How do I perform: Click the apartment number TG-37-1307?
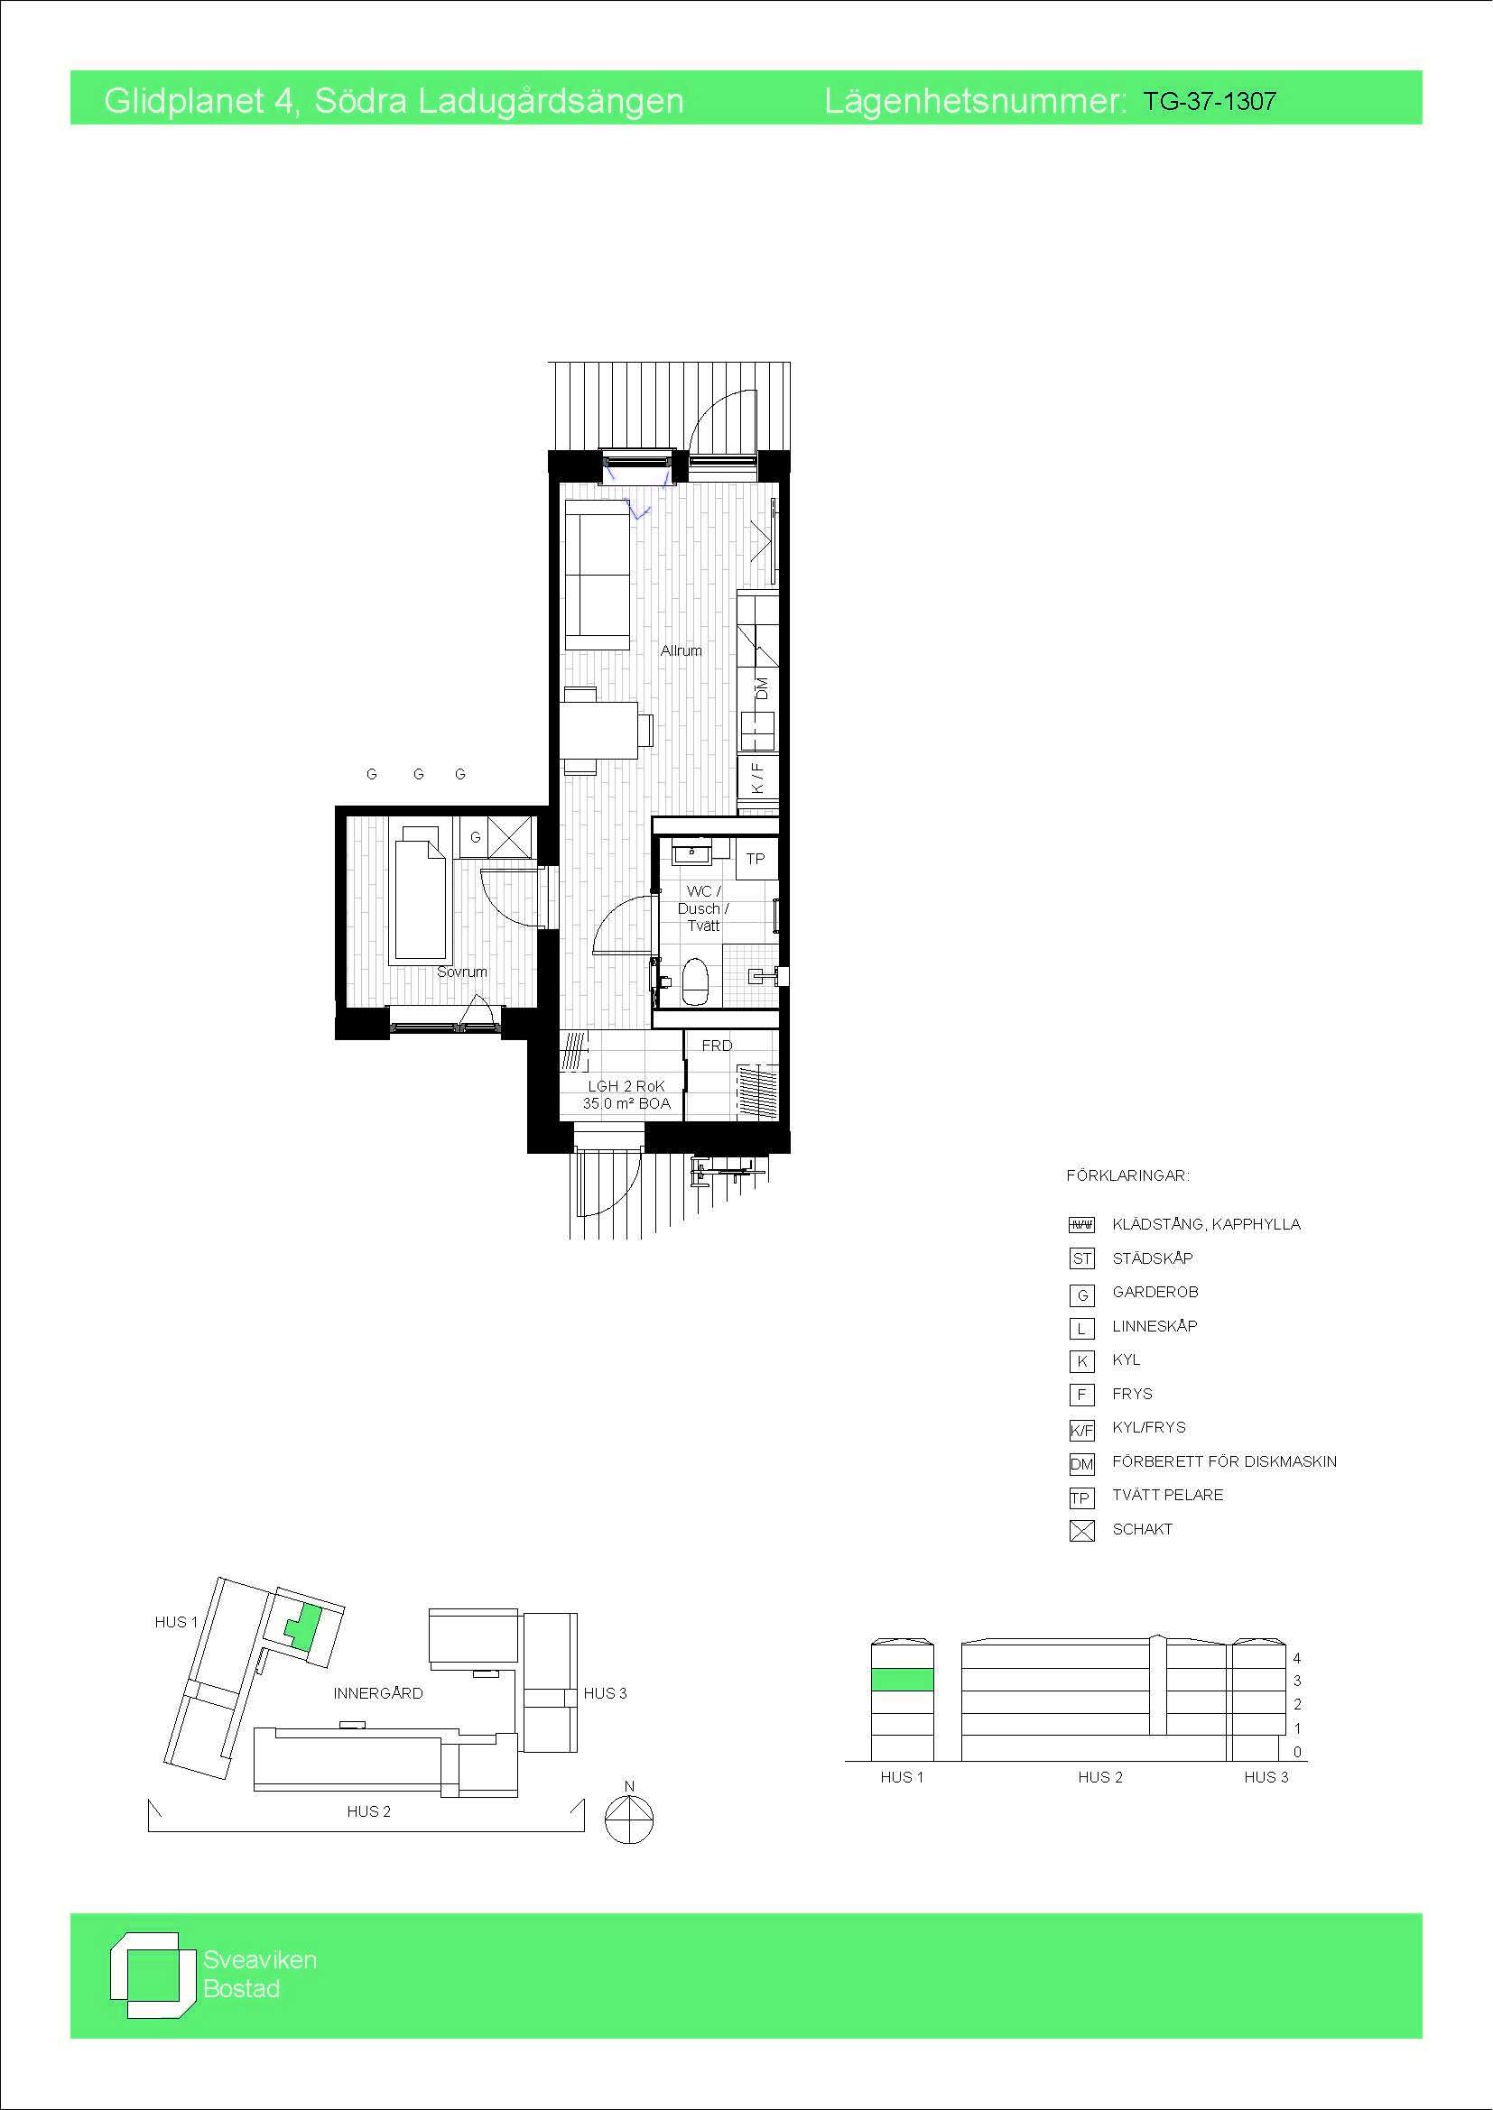coord(1209,101)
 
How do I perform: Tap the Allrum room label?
coord(681,650)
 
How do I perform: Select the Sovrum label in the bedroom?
coord(461,972)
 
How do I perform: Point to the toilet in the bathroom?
coord(694,981)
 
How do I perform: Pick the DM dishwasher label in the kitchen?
coord(761,688)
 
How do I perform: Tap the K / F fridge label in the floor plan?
coord(757,778)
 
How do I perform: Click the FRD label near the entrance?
coord(717,1046)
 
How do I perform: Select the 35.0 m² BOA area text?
coord(626,1103)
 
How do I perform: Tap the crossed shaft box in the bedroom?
coord(509,837)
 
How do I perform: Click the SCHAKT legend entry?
coord(1142,1529)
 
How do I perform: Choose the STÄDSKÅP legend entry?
coord(1152,1258)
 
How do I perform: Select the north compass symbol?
coord(629,1817)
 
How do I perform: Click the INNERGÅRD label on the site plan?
coord(378,1692)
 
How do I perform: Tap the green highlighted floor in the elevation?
coord(902,1679)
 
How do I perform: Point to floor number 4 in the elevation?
coord(1297,1658)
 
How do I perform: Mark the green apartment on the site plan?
coord(303,1626)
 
